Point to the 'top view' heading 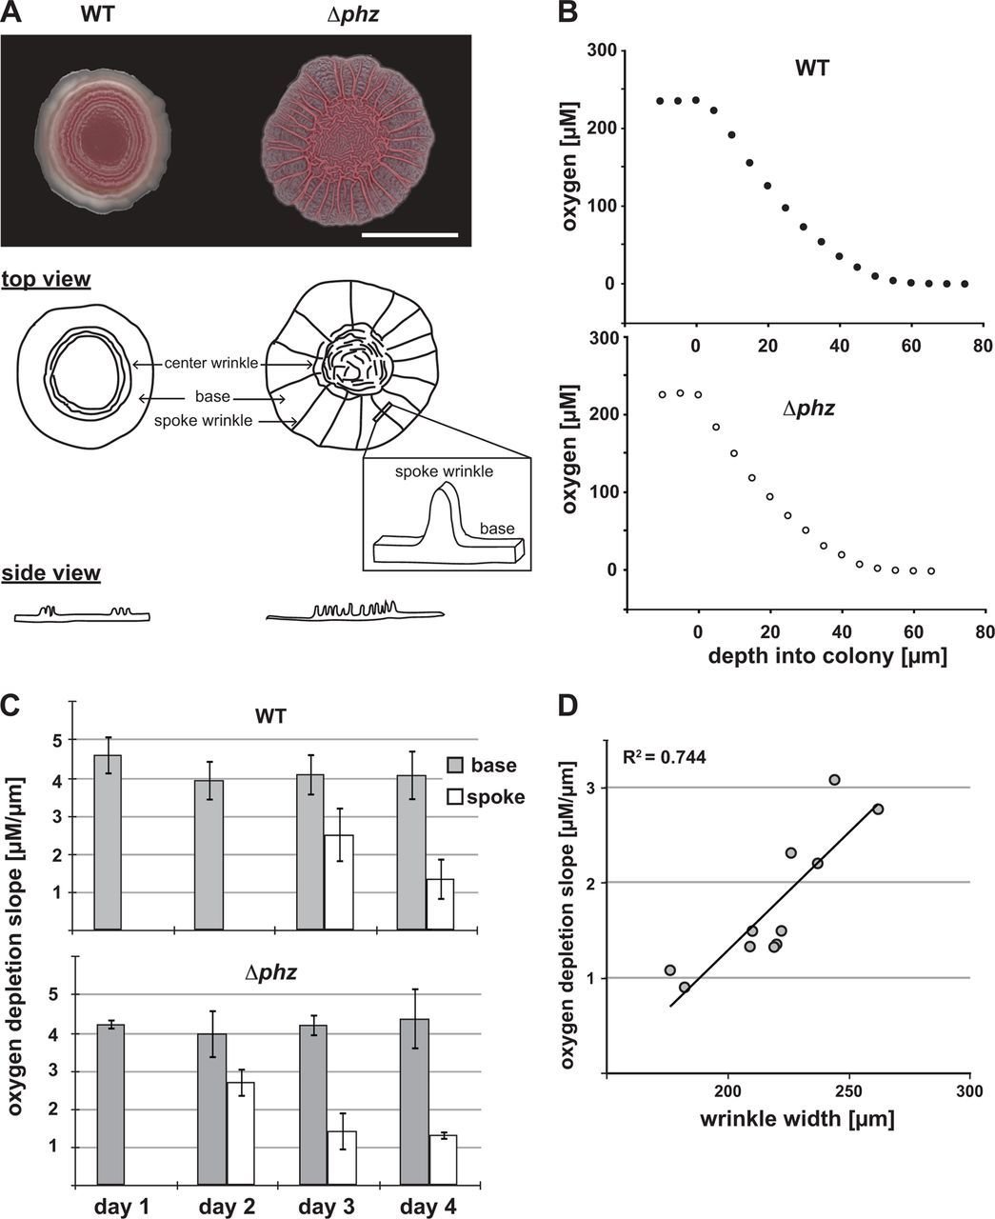coord(47,280)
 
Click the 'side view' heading coord(51,573)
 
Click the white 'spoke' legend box coord(455,796)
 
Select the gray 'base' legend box coord(455,765)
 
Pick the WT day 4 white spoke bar coord(439,904)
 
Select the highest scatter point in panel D coord(835,780)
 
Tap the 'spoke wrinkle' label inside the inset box coord(443,470)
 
